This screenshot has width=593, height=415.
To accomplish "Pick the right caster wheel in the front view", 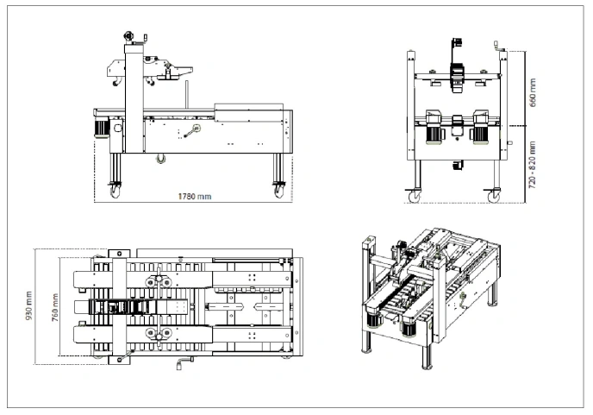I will point(494,197).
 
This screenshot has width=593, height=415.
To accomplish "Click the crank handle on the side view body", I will point(192,131).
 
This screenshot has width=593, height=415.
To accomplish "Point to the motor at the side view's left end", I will point(101,126).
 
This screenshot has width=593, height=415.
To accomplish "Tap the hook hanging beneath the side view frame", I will point(159,157).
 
